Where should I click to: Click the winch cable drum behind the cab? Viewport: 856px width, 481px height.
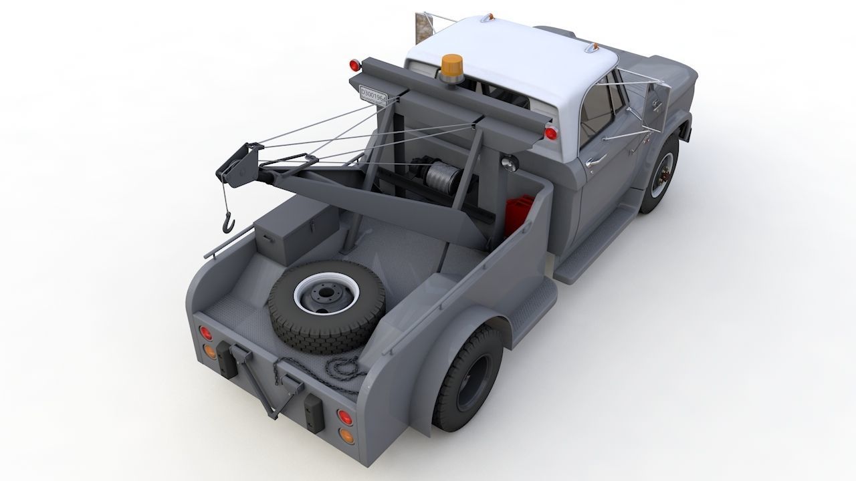pyautogui.click(x=441, y=178)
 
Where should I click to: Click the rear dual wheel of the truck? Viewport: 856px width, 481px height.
pyautogui.click(x=468, y=377)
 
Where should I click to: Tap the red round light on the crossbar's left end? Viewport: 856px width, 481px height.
pyautogui.click(x=355, y=65)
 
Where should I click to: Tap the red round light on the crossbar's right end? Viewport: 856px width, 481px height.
pyautogui.click(x=550, y=133)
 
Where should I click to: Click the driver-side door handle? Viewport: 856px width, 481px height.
pyautogui.click(x=595, y=161)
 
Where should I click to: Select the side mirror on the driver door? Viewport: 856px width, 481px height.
pyautogui.click(x=652, y=108)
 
